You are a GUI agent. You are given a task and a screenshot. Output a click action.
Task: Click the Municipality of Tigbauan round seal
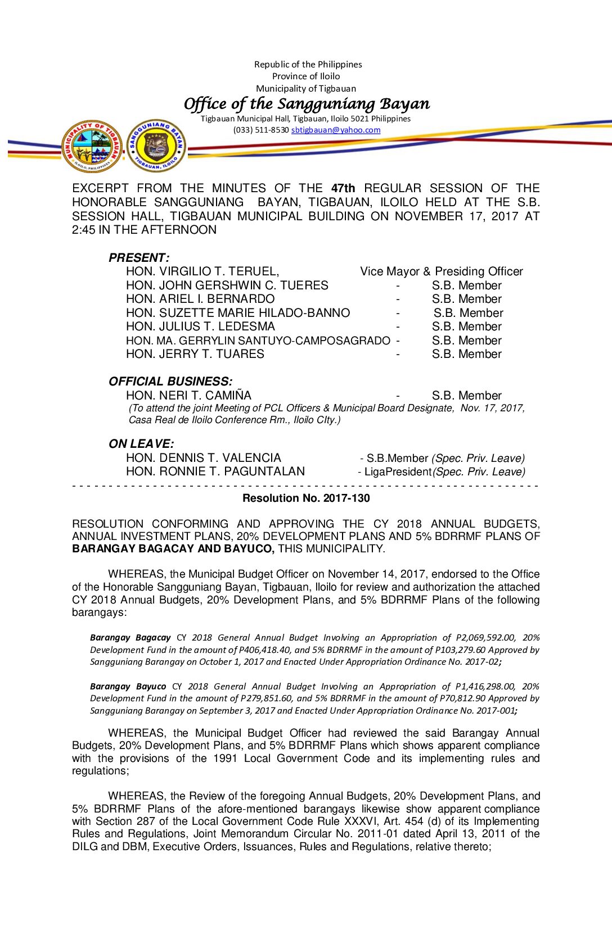pos(92,146)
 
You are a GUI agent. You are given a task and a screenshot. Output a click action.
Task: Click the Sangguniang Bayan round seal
pos(156,146)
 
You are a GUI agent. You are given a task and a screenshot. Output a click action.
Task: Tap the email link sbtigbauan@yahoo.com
pos(336,130)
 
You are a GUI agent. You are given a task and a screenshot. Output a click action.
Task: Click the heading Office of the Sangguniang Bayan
pos(307,104)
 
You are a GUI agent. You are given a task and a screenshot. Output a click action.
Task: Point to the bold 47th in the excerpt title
pos(343,188)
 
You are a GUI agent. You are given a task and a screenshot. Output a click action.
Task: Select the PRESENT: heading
pos(139,258)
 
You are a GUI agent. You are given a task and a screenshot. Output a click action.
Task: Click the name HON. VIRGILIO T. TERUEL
pos(202,271)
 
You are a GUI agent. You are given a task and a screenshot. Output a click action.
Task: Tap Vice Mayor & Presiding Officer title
pos(442,271)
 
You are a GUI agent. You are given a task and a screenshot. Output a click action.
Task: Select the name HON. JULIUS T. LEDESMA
pos(200,326)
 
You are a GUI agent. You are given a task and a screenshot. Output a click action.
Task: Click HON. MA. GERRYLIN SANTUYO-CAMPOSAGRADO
pos(258,341)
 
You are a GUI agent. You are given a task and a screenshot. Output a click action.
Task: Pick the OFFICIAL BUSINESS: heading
pos(170,382)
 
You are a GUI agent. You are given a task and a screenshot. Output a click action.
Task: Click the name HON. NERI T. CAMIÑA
pos(188,396)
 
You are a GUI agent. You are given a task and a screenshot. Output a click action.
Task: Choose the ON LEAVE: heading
pos(141,444)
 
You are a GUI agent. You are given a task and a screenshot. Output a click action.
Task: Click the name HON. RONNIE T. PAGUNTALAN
pos(215,471)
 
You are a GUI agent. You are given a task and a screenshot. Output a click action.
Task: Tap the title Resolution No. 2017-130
pos(306,498)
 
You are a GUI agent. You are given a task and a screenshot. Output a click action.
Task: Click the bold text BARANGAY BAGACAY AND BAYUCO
pos(173,549)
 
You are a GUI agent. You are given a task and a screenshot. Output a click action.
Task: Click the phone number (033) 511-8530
pos(261,130)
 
